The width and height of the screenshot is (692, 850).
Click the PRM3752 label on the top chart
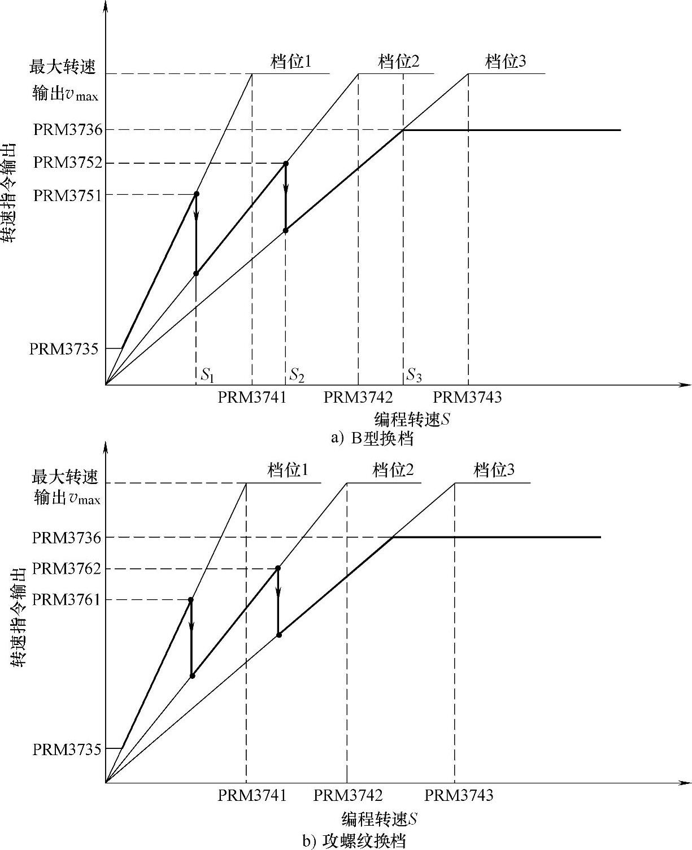click(x=68, y=163)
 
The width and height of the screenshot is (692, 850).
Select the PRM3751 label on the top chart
click(x=68, y=195)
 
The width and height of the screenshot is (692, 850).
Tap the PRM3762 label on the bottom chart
click(x=67, y=568)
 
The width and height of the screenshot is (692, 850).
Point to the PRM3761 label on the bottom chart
click(x=67, y=599)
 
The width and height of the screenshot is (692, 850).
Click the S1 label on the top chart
click(x=208, y=374)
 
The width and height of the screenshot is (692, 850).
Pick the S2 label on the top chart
click(x=297, y=374)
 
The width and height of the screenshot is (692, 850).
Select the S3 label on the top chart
click(x=414, y=374)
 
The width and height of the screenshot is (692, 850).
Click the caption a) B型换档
click(x=373, y=438)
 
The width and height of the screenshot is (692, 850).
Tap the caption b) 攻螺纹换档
click(x=354, y=841)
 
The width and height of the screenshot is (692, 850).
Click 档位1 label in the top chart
click(x=291, y=61)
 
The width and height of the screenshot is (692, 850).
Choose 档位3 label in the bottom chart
click(x=494, y=470)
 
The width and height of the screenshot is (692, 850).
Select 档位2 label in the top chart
click(x=399, y=61)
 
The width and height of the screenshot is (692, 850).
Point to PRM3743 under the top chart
click(x=467, y=398)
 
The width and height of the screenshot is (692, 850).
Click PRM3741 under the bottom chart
click(x=252, y=795)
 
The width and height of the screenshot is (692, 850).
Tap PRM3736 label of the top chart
click(x=68, y=130)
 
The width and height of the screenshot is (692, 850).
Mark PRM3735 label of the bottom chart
click(x=67, y=749)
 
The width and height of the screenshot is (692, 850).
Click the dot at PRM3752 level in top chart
click(x=286, y=164)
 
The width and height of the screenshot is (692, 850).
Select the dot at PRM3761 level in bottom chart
click(x=191, y=600)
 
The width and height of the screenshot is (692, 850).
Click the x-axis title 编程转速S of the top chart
click(x=412, y=419)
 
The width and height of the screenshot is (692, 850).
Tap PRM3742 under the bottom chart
click(x=348, y=795)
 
